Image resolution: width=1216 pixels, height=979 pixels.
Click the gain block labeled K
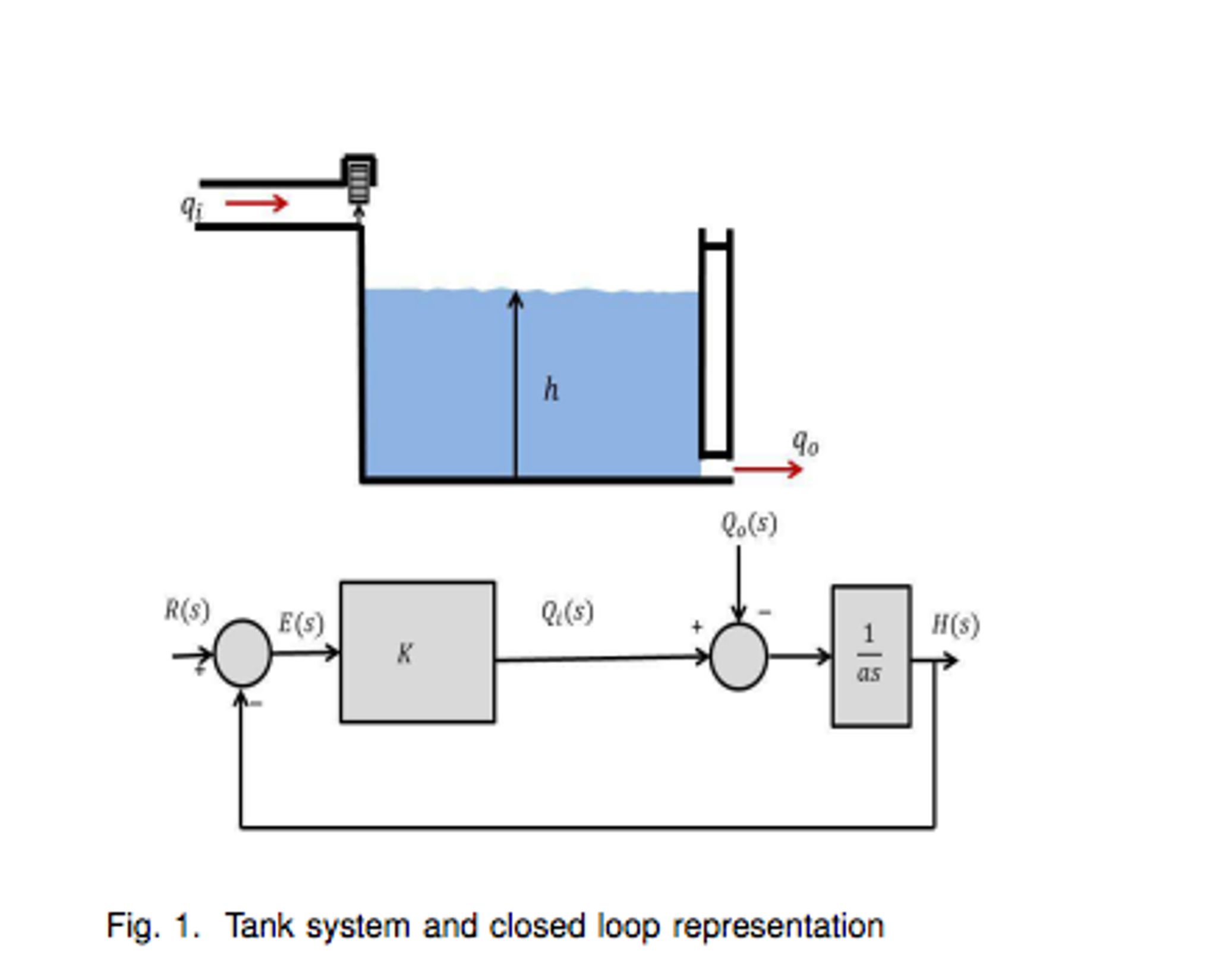417,652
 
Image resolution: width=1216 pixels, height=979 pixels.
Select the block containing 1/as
871,656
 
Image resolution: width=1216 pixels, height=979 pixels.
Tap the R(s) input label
187,610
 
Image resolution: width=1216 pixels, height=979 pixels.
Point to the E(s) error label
301,623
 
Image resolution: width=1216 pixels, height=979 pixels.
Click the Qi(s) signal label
567,612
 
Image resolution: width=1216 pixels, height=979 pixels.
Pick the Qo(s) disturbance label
748,524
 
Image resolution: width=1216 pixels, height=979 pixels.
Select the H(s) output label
954,625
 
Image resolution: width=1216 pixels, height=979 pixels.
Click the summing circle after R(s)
242,653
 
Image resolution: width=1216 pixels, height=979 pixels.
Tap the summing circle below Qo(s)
738,656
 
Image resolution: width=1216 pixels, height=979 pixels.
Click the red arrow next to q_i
257,203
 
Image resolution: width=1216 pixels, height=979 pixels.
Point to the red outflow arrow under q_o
767,469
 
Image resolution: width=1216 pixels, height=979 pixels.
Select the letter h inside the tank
551,390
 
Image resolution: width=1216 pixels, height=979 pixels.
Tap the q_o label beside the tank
805,443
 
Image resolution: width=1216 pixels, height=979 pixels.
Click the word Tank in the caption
260,926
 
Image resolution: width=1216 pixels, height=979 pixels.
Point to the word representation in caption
778,926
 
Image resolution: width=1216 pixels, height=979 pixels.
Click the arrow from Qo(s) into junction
738,582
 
